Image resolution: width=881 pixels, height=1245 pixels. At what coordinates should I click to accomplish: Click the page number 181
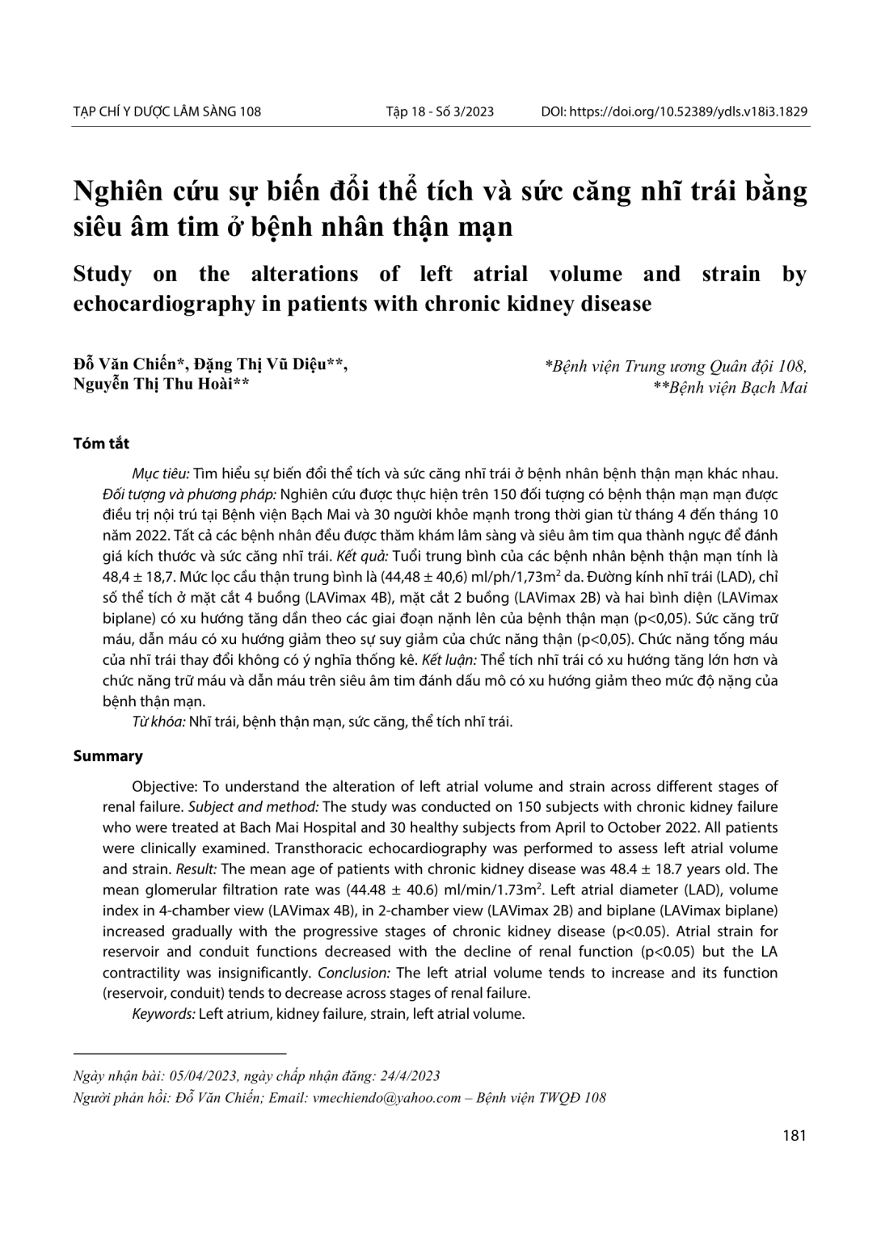click(x=795, y=1135)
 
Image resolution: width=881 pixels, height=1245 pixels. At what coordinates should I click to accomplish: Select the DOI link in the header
click(x=688, y=111)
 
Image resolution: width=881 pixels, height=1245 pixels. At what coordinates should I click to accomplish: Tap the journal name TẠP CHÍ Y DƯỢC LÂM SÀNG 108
click(x=167, y=111)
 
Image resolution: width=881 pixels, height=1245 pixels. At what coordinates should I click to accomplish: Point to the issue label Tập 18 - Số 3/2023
click(x=440, y=111)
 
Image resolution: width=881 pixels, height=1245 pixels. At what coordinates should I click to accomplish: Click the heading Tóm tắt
click(x=101, y=444)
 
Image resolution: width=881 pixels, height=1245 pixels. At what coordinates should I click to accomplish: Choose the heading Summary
click(x=107, y=756)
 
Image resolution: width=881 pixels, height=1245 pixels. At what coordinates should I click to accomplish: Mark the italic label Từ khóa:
click(x=158, y=721)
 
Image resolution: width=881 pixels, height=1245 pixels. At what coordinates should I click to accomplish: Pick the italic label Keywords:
click(x=163, y=1013)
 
